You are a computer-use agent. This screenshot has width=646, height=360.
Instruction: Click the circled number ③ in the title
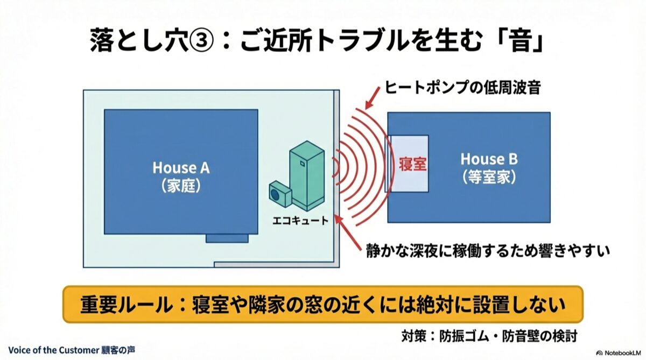(x=201, y=41)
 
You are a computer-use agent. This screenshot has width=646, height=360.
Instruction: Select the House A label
(x=181, y=168)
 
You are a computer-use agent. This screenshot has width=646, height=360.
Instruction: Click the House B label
(x=489, y=159)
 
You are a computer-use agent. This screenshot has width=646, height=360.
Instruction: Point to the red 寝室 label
(x=412, y=165)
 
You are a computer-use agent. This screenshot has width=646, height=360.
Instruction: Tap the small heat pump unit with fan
(x=280, y=194)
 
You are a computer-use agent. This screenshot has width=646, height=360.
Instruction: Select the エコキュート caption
(x=300, y=221)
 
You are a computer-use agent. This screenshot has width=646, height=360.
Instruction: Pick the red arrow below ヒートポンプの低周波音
(x=373, y=98)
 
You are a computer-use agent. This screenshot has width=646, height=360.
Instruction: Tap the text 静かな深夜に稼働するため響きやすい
(x=488, y=251)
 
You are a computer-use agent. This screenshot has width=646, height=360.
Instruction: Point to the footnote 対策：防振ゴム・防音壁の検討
(x=489, y=336)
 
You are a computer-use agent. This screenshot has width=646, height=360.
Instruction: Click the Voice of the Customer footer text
(x=72, y=350)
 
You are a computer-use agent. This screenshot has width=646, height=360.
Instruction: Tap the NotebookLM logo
(x=620, y=353)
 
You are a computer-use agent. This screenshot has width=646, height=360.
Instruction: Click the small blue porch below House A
(x=227, y=238)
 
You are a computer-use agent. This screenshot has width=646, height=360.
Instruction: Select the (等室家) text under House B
(x=489, y=177)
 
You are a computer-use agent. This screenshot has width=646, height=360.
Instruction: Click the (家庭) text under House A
(x=181, y=186)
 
